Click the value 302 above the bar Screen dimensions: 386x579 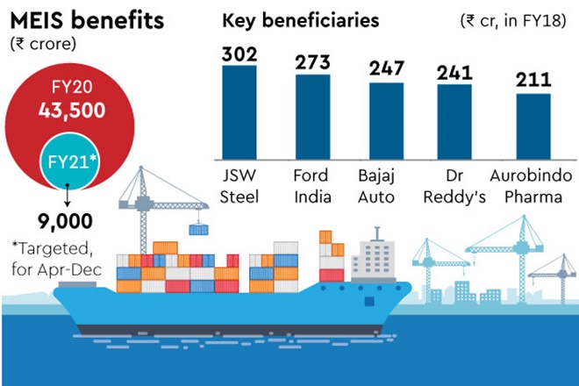239,54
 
